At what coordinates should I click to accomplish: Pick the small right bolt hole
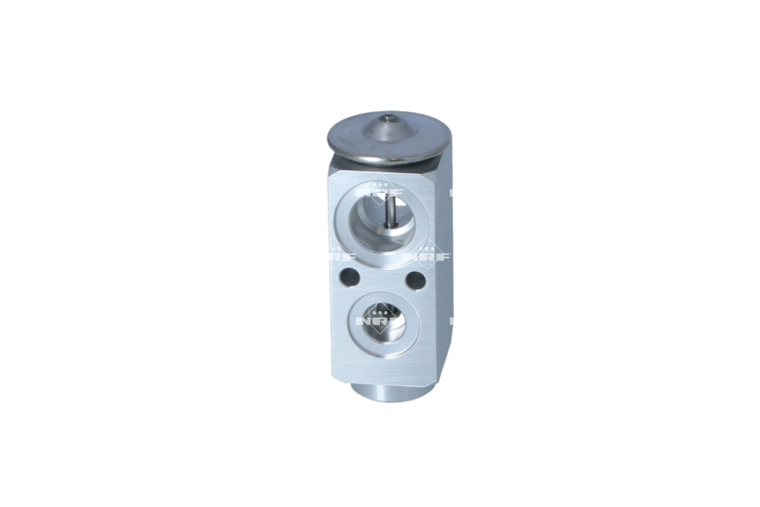point(414,282)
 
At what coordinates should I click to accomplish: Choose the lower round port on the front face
point(380,321)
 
